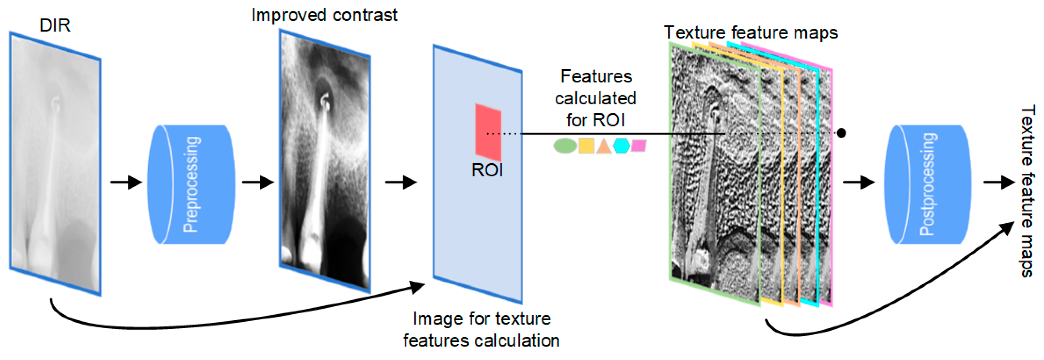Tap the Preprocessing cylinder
point(191,184)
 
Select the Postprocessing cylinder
point(928,184)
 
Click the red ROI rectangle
point(488,132)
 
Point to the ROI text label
point(487,170)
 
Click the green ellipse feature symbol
point(565,146)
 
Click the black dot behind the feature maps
point(842,133)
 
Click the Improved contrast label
point(324,15)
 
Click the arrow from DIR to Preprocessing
point(126,182)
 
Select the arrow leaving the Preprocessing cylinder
point(258,182)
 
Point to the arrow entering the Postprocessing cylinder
point(858,182)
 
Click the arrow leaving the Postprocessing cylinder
point(999,182)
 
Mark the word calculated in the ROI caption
point(595,99)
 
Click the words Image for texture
point(481,319)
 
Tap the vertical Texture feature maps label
point(1028,191)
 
